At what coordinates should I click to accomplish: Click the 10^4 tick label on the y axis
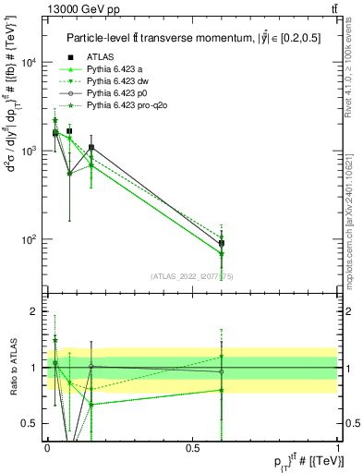point(29,63)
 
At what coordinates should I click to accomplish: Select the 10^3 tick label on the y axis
point(29,151)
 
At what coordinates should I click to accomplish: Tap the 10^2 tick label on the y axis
point(29,239)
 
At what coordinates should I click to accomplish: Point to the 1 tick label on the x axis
point(337,446)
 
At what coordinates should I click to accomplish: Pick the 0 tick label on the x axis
point(46,446)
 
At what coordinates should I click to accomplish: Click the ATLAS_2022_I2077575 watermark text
point(192,276)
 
